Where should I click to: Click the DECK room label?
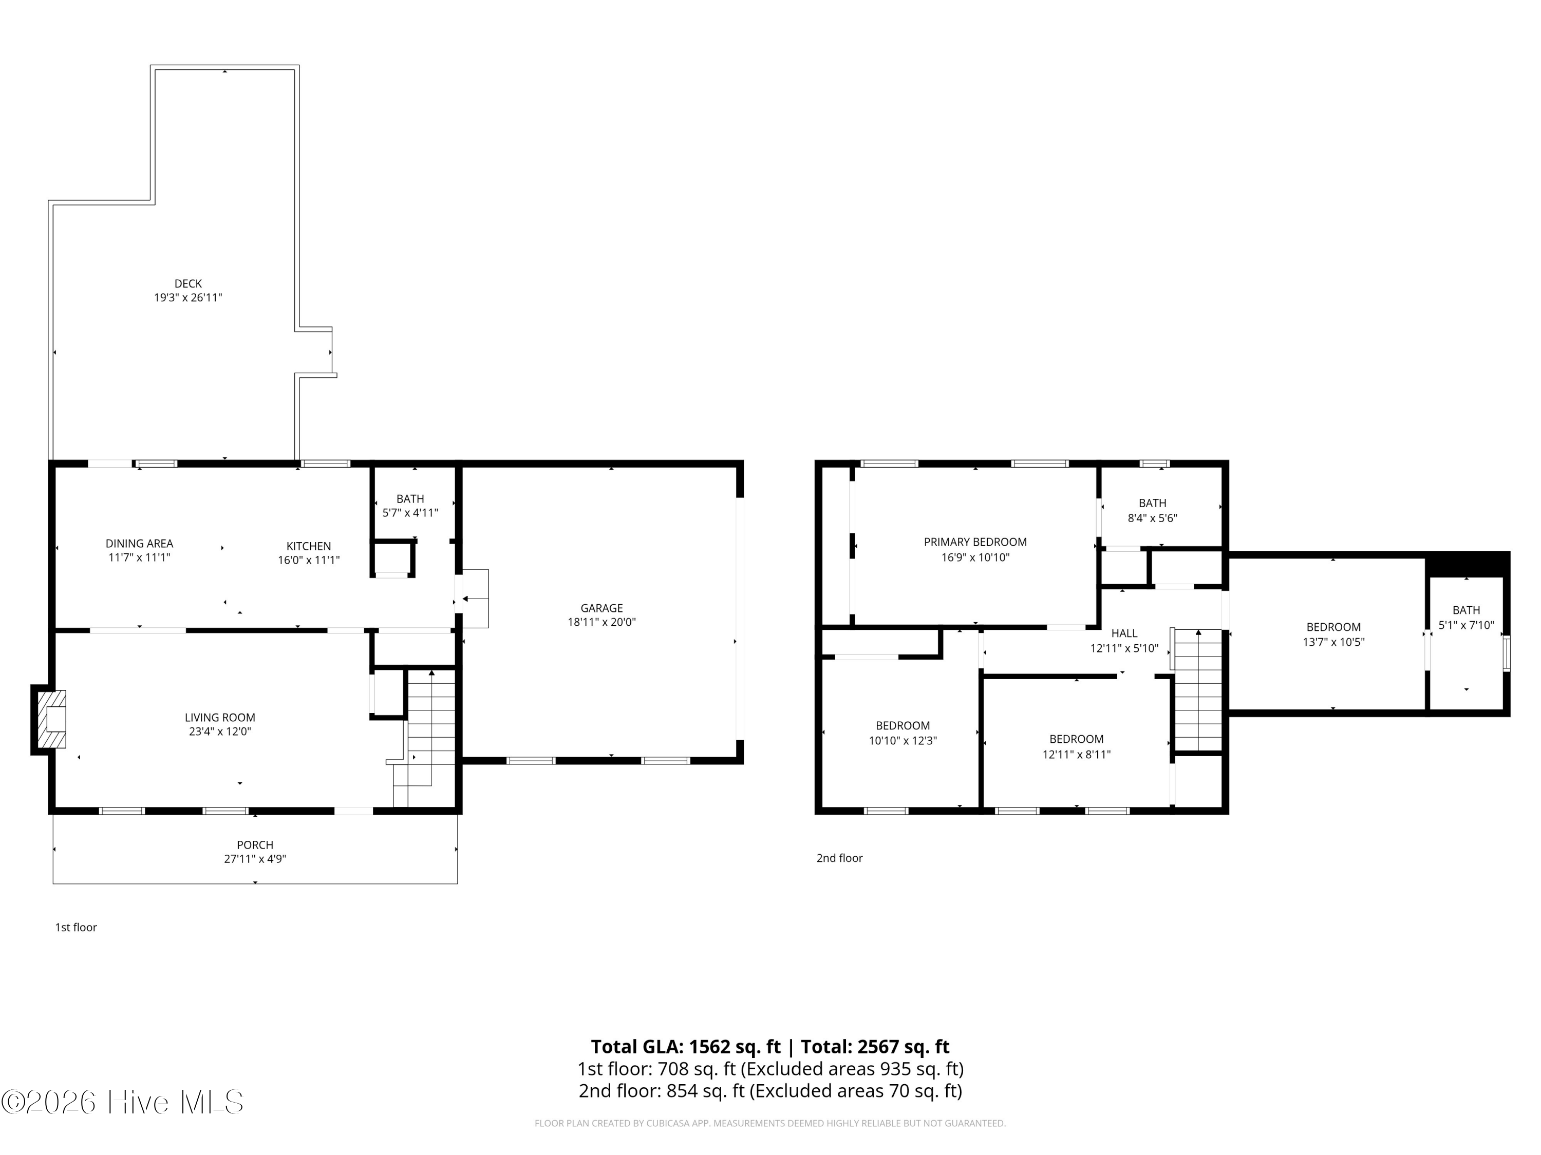tap(188, 283)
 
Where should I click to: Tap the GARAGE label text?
tap(602, 608)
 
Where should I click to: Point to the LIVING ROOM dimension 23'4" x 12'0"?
tap(220, 731)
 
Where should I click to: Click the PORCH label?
tap(255, 844)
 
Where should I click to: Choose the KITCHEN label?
tap(309, 546)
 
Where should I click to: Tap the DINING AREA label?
tap(139, 543)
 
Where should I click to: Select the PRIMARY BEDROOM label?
tap(975, 542)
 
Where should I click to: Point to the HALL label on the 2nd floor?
tap(1124, 633)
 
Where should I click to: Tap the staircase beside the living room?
tap(424, 738)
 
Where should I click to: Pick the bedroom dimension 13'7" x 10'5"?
tap(1333, 642)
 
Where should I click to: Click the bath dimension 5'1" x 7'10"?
tap(1467, 625)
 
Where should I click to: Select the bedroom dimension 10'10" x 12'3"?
tap(903, 741)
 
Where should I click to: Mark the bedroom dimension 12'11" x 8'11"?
tap(1076, 754)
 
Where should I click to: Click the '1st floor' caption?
tap(76, 928)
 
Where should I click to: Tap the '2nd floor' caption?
tap(839, 858)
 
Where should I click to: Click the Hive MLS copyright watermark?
tap(123, 1102)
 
